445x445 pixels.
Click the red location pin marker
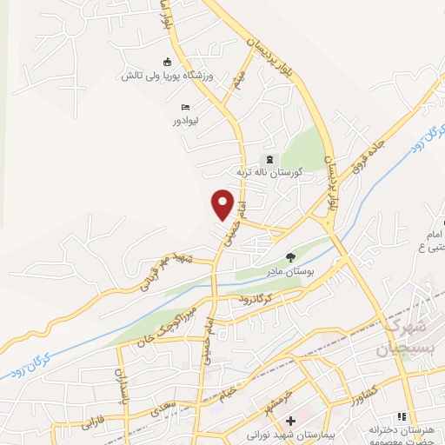(223, 204)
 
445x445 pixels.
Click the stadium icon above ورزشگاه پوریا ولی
(169, 61)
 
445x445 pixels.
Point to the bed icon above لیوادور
(185, 106)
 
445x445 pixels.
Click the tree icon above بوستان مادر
(290, 257)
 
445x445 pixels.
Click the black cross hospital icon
(278, 422)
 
